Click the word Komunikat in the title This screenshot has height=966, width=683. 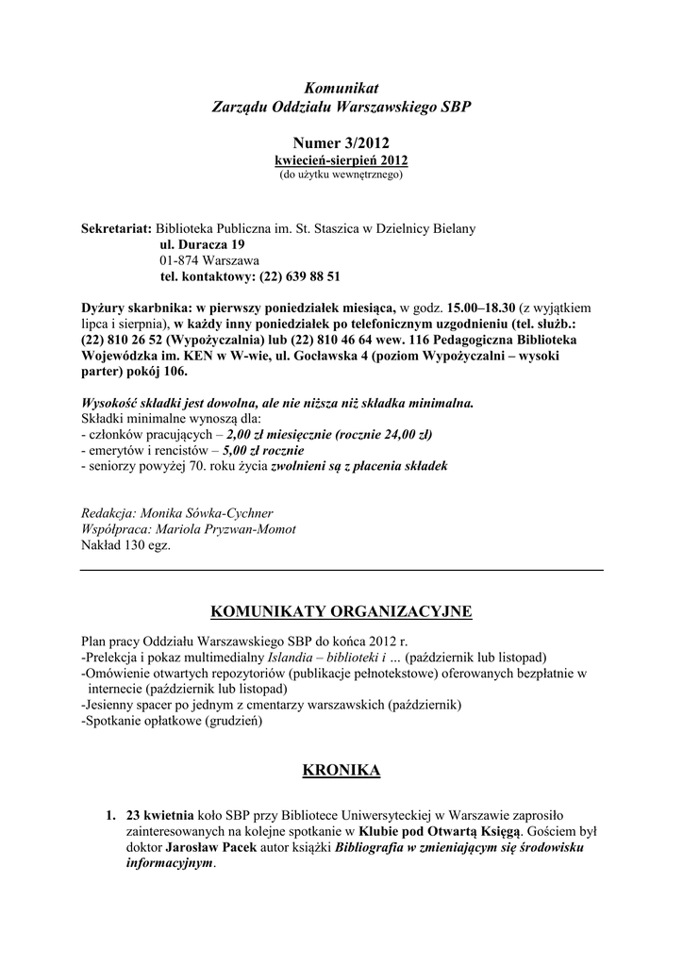click(x=341, y=88)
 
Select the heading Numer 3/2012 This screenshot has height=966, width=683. click(x=341, y=142)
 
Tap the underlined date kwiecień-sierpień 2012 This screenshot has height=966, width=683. click(x=341, y=160)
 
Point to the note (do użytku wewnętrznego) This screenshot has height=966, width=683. click(x=341, y=175)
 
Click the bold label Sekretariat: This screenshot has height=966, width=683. click(x=117, y=228)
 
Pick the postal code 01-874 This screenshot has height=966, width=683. click(x=180, y=260)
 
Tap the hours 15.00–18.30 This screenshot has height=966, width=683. click(x=480, y=308)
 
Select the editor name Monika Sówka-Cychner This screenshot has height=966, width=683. click(x=207, y=513)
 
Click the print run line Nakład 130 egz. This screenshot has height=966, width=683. click(x=127, y=545)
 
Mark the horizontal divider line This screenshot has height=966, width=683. click(x=341, y=570)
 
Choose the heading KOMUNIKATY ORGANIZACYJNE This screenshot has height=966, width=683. click(x=341, y=612)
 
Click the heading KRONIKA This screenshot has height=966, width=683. click(x=341, y=771)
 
